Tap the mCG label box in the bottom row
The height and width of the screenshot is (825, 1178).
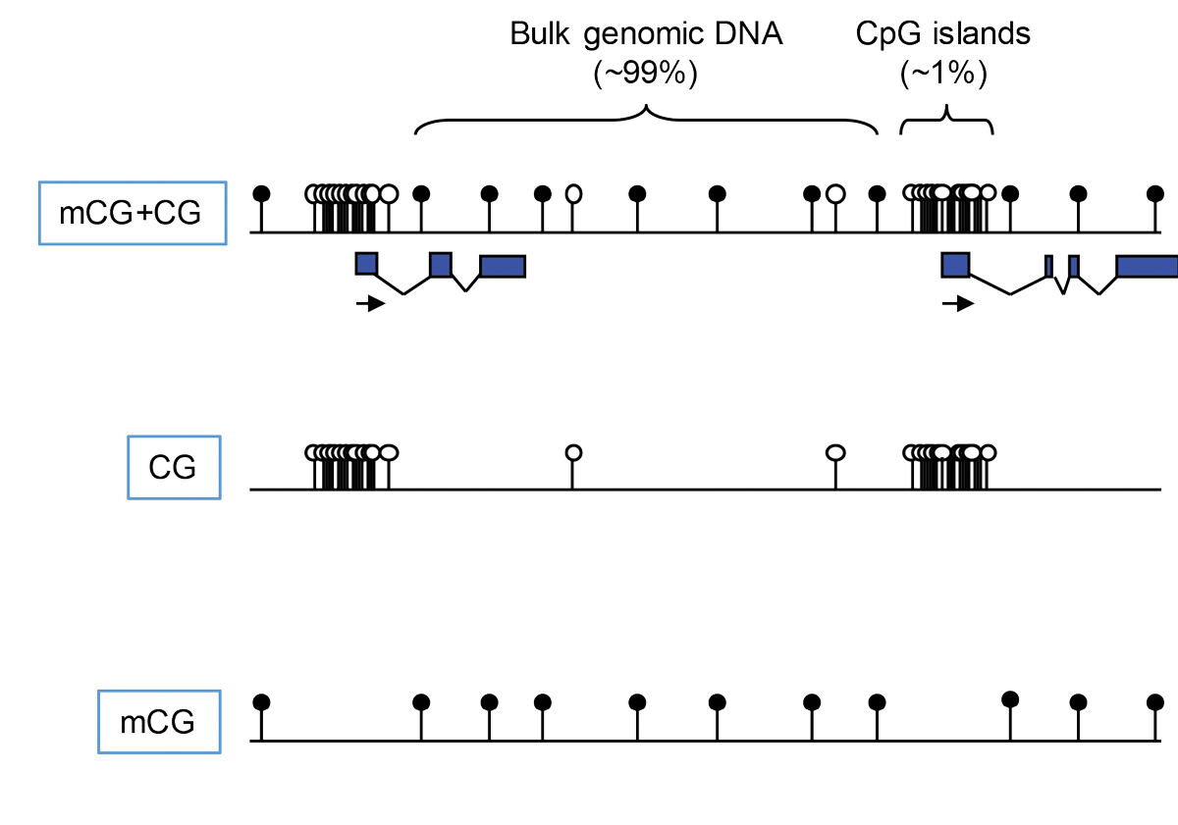pos(159,723)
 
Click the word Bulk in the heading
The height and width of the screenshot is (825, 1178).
pos(540,35)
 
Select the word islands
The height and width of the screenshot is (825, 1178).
pos(985,35)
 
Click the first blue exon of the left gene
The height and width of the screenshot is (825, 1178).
pos(366,263)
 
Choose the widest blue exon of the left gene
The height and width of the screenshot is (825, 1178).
pos(503,266)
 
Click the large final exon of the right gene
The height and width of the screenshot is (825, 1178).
pos(1147,266)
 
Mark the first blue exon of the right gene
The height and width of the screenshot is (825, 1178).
pos(955,264)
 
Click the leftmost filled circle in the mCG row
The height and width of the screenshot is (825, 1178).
pos(261,702)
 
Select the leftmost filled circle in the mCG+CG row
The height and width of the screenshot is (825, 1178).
pos(261,192)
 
